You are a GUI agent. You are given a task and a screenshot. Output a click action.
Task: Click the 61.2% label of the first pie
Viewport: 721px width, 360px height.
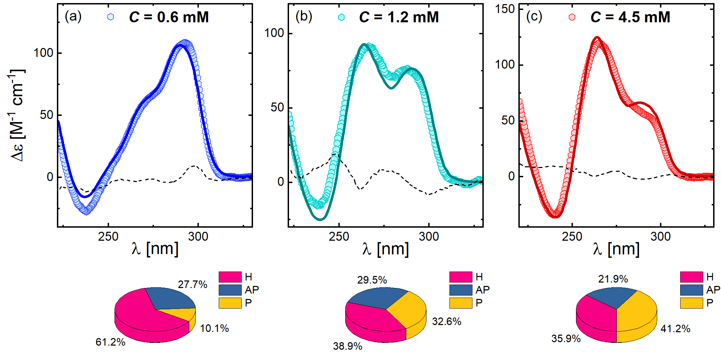(110, 342)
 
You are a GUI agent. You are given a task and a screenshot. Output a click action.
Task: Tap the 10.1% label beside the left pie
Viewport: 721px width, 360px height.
(214, 328)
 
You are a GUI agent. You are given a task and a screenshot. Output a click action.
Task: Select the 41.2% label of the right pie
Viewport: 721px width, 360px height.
(675, 329)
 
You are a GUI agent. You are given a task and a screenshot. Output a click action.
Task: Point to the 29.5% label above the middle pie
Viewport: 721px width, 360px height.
(372, 280)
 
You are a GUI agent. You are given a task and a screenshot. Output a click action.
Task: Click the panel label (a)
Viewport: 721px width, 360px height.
(73, 16)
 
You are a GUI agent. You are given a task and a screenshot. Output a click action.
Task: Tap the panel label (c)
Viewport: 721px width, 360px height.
(534, 16)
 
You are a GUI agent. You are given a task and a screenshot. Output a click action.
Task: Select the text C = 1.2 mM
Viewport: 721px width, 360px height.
(399, 17)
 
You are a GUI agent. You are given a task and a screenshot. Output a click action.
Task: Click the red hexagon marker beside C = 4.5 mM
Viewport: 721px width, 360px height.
(572, 17)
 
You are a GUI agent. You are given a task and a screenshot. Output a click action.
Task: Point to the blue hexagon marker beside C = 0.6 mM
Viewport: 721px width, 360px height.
(110, 17)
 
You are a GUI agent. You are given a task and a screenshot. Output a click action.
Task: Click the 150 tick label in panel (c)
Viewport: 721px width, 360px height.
(505, 9)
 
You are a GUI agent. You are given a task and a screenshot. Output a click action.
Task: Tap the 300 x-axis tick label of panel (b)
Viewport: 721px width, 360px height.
(429, 237)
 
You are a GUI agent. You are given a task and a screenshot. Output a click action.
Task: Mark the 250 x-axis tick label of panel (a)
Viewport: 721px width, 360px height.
(108, 237)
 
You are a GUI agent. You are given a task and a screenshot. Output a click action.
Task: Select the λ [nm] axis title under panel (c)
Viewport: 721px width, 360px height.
(616, 249)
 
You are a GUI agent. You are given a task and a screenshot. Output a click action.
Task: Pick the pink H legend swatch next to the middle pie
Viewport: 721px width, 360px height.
(461, 277)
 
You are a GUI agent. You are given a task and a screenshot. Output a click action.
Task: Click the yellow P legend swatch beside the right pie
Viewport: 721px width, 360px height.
(692, 303)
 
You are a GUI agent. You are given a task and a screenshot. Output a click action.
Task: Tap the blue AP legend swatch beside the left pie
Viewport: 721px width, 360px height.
(230, 290)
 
